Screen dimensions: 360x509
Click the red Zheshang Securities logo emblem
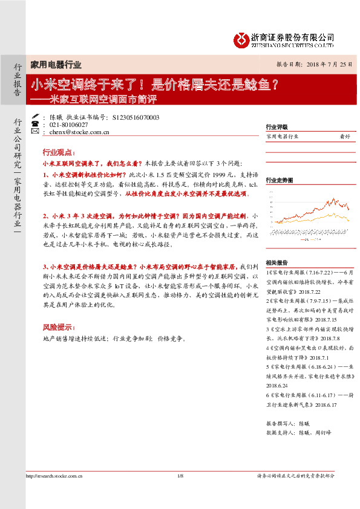241,39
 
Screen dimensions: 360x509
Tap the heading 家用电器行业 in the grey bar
56,65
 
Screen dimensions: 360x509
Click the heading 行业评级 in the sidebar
277,127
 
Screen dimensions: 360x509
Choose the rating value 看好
345,137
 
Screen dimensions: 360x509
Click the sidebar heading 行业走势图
280,180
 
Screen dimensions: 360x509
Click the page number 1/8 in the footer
180,494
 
